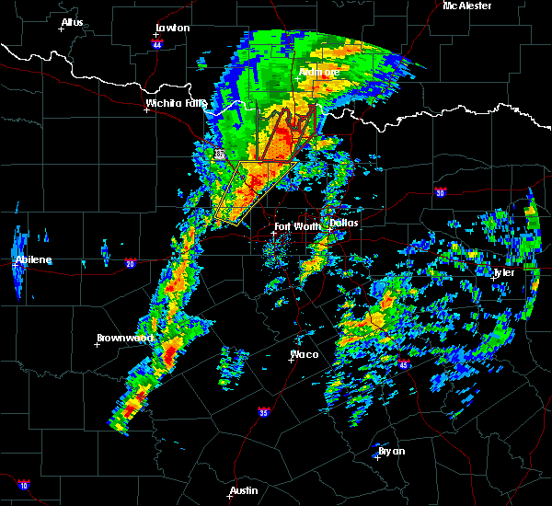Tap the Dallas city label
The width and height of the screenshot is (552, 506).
(344, 223)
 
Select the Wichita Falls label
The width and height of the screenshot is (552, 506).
(172, 104)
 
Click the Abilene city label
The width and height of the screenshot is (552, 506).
(33, 260)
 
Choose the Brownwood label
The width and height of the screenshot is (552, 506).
(125, 338)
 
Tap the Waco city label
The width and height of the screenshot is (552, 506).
(305, 354)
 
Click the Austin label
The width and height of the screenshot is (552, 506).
(243, 490)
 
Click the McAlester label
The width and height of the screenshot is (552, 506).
(466, 6)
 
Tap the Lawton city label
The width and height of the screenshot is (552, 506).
(172, 29)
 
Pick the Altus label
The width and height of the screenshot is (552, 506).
(72, 22)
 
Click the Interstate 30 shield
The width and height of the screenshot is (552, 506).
(441, 192)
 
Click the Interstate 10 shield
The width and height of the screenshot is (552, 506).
(23, 484)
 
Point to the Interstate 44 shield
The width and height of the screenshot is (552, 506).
(157, 42)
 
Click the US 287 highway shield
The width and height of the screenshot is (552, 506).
(220, 155)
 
